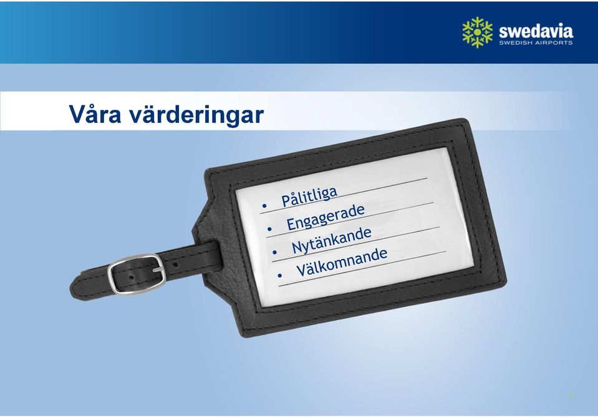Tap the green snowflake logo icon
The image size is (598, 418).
tap(477, 32)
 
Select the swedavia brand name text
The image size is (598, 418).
tap(536, 31)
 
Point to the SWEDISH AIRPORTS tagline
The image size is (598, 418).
tap(536, 42)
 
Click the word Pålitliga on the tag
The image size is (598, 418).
tap(309, 197)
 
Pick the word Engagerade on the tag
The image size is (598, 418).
tap(326, 218)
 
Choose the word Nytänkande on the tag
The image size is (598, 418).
tap(331, 240)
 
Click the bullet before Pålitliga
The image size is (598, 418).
tap(264, 206)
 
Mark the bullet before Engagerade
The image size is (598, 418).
tap(269, 229)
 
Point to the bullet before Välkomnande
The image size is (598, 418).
tap(280, 275)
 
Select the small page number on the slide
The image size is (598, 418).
tap(571, 395)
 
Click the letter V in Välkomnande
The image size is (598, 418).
tap(301, 271)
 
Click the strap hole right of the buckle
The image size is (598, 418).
tap(175, 264)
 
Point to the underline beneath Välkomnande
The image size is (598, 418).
tap(362, 269)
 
